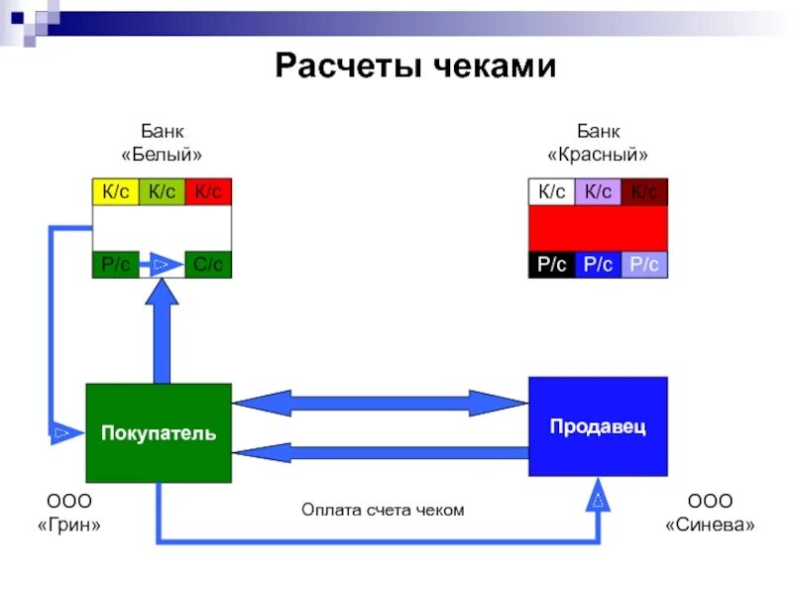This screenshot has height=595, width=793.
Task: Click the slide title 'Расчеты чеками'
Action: click(x=415, y=66)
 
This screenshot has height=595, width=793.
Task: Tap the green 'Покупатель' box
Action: click(x=159, y=433)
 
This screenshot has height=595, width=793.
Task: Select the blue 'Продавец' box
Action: click(x=598, y=426)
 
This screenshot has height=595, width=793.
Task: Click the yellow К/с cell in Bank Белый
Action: click(x=115, y=191)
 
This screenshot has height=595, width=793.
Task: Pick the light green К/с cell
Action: click(x=162, y=191)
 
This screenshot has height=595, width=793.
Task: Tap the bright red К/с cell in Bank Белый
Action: click(x=208, y=191)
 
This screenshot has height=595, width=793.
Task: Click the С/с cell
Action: click(x=208, y=265)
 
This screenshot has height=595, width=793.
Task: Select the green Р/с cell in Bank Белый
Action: click(x=115, y=265)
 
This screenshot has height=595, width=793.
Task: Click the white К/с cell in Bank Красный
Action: click(x=551, y=191)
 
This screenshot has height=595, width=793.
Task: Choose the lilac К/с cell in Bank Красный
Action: click(x=598, y=191)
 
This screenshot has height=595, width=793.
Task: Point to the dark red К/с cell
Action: click(x=644, y=191)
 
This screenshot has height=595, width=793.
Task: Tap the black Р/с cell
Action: click(x=551, y=265)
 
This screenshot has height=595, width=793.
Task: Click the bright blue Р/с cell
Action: click(x=598, y=265)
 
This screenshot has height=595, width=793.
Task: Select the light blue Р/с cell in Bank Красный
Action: click(x=644, y=265)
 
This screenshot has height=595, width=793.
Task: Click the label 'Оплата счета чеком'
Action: click(x=383, y=510)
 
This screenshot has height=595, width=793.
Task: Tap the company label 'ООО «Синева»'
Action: click(x=710, y=512)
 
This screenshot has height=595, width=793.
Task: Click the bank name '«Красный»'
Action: click(x=598, y=155)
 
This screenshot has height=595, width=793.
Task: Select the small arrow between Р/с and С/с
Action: click(x=163, y=265)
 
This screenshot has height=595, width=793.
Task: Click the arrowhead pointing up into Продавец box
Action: click(x=599, y=495)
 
